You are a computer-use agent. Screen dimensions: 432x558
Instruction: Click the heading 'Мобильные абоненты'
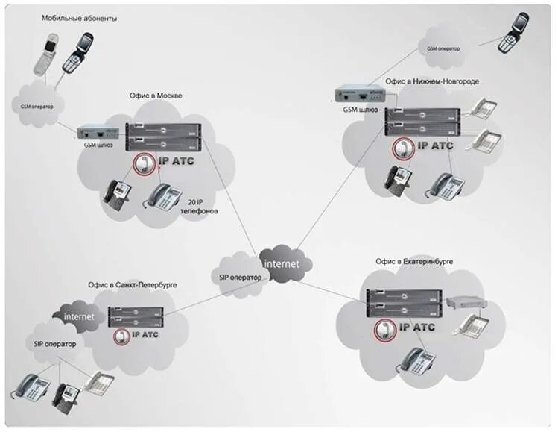coord(79,17)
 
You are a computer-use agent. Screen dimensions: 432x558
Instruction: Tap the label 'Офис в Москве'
coord(155,96)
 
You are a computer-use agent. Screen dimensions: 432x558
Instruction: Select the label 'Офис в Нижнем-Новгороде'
coord(431,80)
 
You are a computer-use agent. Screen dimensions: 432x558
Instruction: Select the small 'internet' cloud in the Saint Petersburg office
coord(79,316)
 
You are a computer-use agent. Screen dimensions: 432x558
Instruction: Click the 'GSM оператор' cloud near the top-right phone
coord(443,48)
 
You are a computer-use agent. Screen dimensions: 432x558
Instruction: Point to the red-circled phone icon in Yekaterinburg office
coord(385,328)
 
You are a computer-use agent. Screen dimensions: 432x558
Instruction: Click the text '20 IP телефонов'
coord(199,207)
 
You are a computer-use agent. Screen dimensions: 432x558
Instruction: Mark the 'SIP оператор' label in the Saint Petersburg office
coord(54,344)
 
